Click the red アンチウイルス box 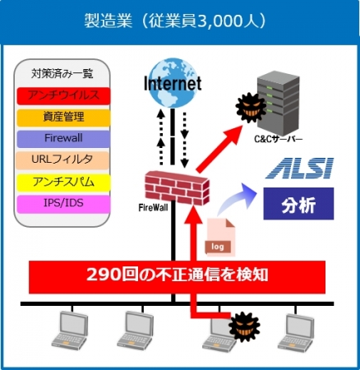coord(63,95)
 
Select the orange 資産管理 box coord(63,118)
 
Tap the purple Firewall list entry coord(63,139)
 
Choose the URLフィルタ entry coord(62,160)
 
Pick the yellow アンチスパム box coord(63,182)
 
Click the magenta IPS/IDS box coord(63,204)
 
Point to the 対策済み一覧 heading coord(62,73)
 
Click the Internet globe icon coord(173,82)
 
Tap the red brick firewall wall coord(177,188)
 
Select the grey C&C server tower coord(278,102)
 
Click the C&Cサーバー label coord(279,139)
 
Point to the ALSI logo coord(299,169)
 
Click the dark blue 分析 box coord(298,204)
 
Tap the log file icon coord(220,237)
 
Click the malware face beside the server coord(251,108)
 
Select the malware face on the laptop coord(244,326)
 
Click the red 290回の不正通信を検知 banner coord(177,277)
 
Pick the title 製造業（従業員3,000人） coord(175,21)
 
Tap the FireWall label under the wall coord(154,207)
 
